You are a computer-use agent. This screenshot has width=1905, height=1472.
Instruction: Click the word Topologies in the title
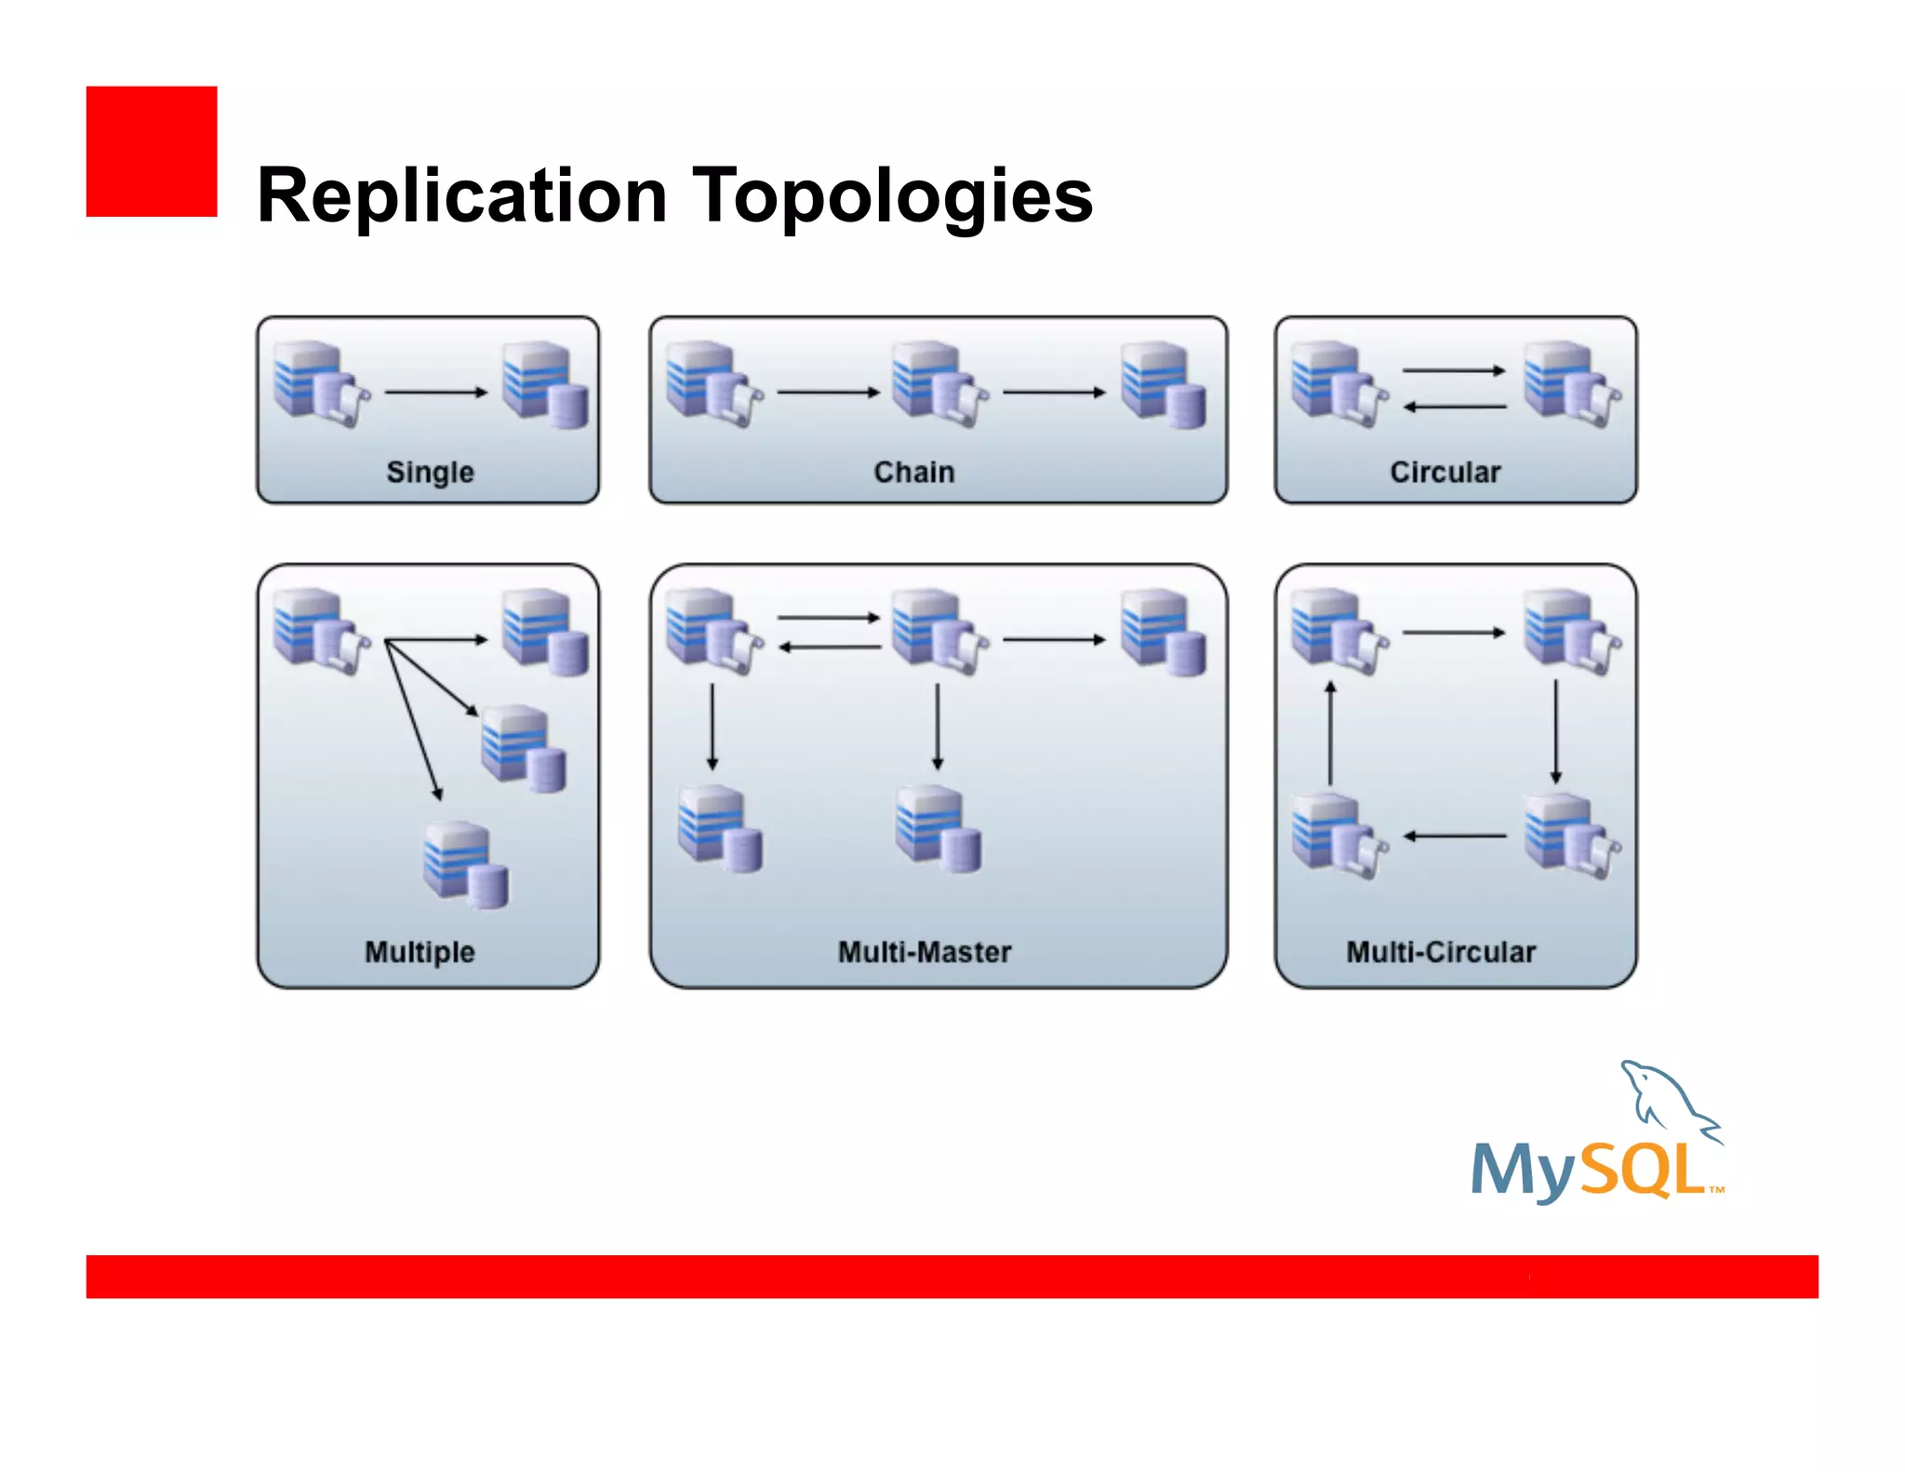pyautogui.click(x=892, y=196)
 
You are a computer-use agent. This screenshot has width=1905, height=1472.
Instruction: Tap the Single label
pyautogui.click(x=430, y=472)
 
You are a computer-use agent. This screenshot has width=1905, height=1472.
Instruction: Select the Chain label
pyautogui.click(x=913, y=472)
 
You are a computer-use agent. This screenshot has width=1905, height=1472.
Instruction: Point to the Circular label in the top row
pyautogui.click(x=1445, y=472)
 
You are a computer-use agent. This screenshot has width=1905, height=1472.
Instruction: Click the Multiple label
pyautogui.click(x=420, y=952)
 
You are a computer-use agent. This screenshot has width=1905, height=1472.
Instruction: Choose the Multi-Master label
pyautogui.click(x=924, y=952)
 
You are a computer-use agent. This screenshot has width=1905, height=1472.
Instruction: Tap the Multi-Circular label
pyautogui.click(x=1441, y=952)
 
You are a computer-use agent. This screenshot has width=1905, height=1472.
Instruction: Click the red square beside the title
pyautogui.click(x=152, y=152)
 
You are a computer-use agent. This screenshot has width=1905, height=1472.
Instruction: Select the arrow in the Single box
pyautogui.click(x=435, y=393)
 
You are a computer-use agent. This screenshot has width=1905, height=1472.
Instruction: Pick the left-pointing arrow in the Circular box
pyautogui.click(x=1454, y=408)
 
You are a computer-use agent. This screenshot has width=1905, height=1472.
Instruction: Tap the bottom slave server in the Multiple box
pyautogui.click(x=465, y=864)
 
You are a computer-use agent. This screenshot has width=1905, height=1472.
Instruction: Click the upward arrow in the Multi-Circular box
pyautogui.click(x=1330, y=733)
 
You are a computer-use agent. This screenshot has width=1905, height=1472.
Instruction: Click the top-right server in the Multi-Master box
pyautogui.click(x=1163, y=631)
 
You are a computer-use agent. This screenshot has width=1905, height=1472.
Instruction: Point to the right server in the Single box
pyautogui.click(x=544, y=384)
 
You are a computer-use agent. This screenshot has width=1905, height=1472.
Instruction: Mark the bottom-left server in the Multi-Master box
pyautogui.click(x=719, y=828)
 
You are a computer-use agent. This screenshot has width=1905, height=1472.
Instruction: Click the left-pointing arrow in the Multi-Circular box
pyautogui.click(x=1454, y=836)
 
